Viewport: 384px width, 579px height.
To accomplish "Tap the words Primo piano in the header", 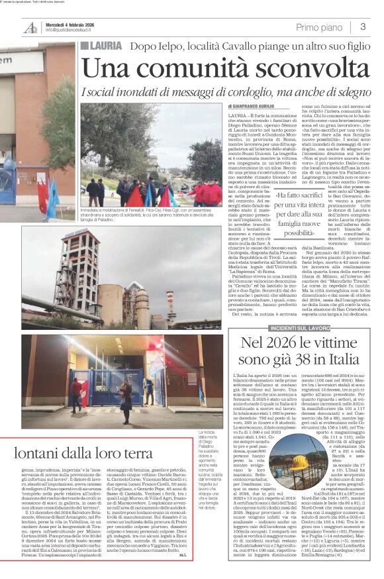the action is tap(319, 27).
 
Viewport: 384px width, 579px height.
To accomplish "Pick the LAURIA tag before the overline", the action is tap(101, 46).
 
